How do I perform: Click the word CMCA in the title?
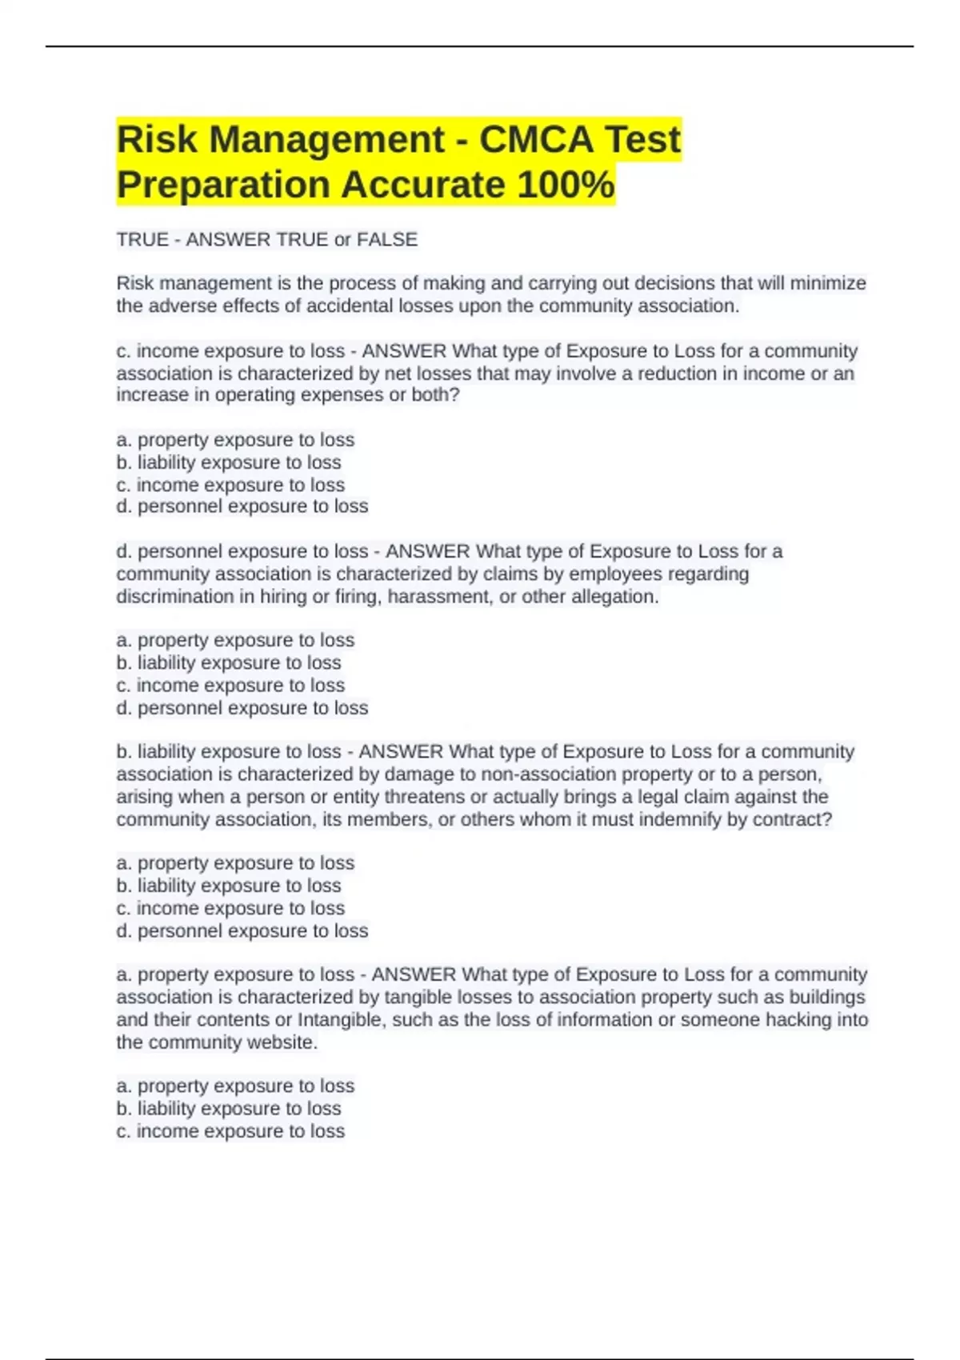(x=536, y=139)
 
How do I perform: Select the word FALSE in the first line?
(x=387, y=239)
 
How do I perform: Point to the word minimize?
(x=828, y=283)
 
